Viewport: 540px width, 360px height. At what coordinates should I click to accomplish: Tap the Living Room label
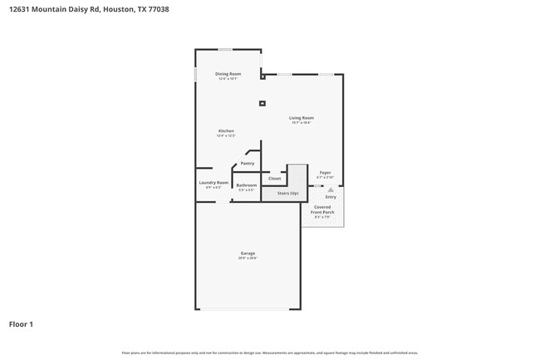301,118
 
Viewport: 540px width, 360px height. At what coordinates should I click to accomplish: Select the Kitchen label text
226,131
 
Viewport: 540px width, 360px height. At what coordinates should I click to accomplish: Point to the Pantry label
248,164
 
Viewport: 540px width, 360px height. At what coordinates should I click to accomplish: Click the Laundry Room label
214,183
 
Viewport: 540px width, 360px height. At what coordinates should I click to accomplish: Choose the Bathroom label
247,185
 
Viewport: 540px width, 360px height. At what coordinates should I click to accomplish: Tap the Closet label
275,178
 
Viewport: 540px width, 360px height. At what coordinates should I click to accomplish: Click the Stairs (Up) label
282,193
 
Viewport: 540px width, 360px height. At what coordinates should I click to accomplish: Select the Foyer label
326,173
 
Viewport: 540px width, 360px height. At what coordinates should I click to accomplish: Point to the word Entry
331,197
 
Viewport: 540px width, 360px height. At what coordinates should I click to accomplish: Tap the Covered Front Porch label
322,210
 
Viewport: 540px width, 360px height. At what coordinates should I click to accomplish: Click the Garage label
248,253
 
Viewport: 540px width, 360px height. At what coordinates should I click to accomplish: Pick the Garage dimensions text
248,259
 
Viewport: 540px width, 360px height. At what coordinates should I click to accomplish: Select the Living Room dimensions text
301,123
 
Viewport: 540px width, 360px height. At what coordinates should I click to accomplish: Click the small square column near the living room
263,104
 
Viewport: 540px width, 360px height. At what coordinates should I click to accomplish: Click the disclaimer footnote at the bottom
270,353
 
